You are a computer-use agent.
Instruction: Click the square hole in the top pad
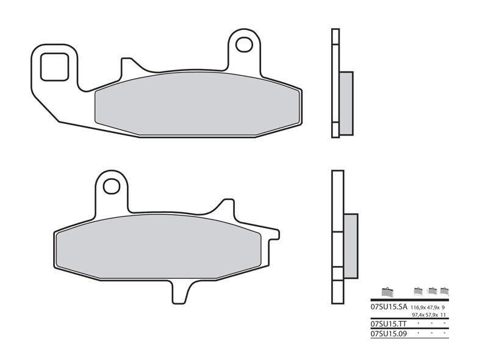[x=54, y=67]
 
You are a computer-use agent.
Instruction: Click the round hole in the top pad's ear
[x=244, y=45]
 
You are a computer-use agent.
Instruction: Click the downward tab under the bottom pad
[x=179, y=292]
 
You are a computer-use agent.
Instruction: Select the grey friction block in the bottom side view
[x=351, y=244]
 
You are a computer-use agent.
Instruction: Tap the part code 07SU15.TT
[x=386, y=323]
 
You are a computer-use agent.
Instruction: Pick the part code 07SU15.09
[x=386, y=334]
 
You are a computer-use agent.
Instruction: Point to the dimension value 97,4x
[x=418, y=315]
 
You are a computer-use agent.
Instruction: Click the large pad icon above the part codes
[x=386, y=292]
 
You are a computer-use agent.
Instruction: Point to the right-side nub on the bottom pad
[x=274, y=234]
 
